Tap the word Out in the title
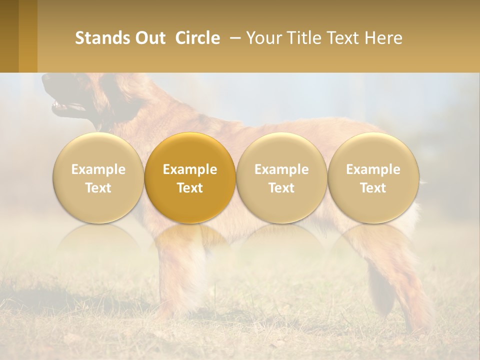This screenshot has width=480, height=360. point(149,38)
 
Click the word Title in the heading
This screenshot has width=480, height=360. point(304,38)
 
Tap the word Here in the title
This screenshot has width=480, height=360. point(383,38)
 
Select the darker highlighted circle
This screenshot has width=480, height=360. point(190,178)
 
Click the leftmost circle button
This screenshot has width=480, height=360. point(98,178)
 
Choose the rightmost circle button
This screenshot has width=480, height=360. point(373,178)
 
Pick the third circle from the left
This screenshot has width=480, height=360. point(281,178)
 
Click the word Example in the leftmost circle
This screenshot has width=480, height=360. point(98,169)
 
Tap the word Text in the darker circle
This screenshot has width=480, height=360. point(190,188)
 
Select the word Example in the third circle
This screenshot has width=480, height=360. point(281,169)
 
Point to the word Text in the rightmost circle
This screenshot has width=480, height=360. point(373,188)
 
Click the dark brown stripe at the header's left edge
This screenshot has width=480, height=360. point(9,36)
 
